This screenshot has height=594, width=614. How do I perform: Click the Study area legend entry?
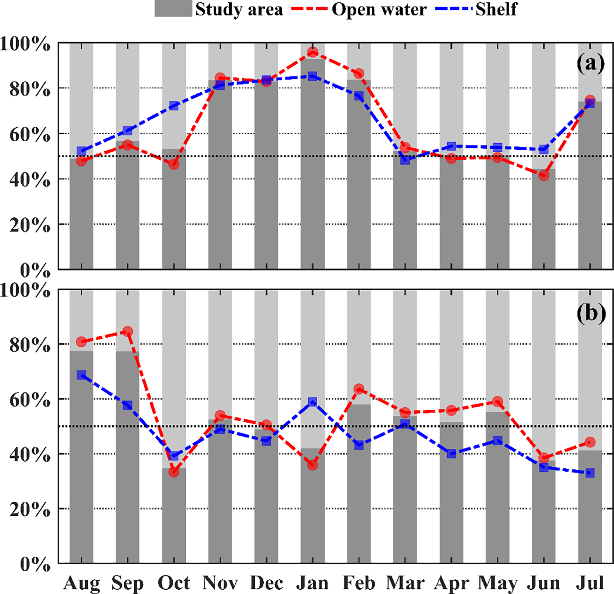(219, 9)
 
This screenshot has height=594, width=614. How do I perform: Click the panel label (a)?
(590, 63)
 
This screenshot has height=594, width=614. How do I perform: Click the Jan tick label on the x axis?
(312, 583)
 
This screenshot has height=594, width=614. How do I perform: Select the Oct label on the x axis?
(173, 583)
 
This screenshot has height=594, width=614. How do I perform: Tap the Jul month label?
(590, 583)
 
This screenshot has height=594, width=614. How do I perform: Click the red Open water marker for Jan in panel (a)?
(312, 52)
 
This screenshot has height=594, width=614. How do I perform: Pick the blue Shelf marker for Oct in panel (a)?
(174, 105)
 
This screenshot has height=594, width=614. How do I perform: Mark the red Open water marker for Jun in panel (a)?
(544, 175)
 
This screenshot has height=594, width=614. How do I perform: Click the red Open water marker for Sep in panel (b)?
(128, 331)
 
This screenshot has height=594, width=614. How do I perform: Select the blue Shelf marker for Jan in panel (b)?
(312, 402)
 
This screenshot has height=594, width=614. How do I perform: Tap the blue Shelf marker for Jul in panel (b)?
(590, 473)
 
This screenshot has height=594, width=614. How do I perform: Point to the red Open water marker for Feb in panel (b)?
(359, 389)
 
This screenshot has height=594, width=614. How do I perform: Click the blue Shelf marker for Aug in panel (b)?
(81, 375)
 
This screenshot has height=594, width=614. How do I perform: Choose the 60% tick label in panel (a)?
(29, 135)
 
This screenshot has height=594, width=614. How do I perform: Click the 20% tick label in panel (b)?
(29, 509)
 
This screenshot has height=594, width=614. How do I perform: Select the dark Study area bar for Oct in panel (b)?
(174, 515)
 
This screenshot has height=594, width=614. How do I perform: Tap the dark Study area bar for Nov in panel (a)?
(220, 175)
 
